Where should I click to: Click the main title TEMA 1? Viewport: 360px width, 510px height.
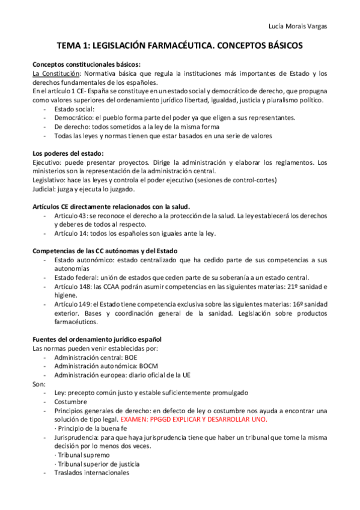pos(180,45)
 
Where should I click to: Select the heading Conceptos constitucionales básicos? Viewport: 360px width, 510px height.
pos(87,64)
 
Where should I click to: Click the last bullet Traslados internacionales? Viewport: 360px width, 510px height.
pos(91,473)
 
